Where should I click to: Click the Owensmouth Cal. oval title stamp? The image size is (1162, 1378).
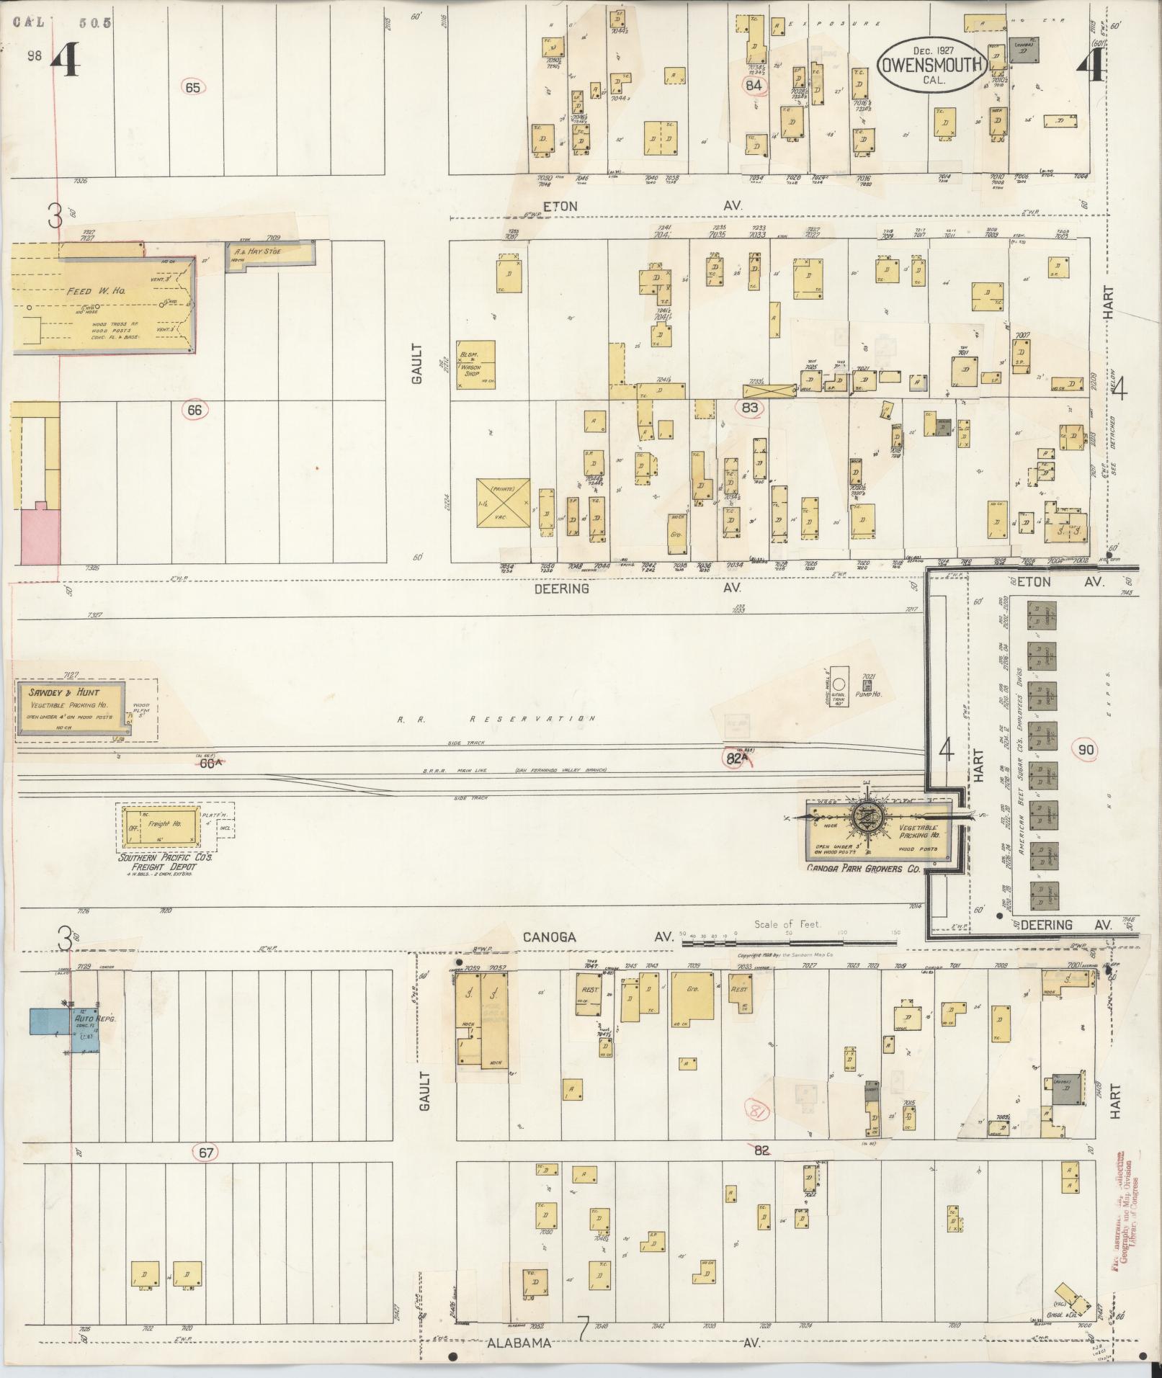coord(931,66)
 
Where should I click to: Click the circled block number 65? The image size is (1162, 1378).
coord(193,87)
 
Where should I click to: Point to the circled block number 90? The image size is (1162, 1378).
coord(1086,750)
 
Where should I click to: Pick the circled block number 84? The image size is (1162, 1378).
coord(754,85)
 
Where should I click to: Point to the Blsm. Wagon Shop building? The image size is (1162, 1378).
coord(475,364)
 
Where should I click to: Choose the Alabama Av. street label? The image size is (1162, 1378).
coord(519,1343)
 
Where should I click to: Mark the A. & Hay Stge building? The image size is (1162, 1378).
coord(267,253)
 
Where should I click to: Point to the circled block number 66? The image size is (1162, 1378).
coord(195,410)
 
